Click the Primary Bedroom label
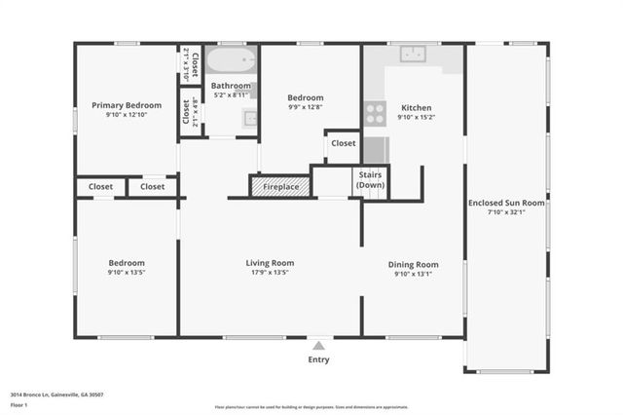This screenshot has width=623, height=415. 127,105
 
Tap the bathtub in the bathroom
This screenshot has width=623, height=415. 233,63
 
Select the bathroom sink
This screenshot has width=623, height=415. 249,119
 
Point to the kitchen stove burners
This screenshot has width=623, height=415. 376,113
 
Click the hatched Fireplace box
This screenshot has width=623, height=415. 280,186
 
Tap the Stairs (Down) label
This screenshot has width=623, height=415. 370,179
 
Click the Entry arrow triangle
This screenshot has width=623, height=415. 318,344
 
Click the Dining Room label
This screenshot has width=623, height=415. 414,264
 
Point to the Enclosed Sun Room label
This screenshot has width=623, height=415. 506,203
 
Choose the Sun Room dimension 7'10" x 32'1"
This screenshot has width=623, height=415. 506,213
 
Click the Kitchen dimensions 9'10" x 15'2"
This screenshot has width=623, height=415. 416,118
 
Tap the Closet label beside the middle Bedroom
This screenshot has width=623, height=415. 343,143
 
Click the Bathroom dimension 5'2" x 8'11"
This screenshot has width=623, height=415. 232,95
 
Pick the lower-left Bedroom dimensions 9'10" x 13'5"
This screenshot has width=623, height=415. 127,274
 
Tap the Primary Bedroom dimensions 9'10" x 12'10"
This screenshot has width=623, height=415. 127,116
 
